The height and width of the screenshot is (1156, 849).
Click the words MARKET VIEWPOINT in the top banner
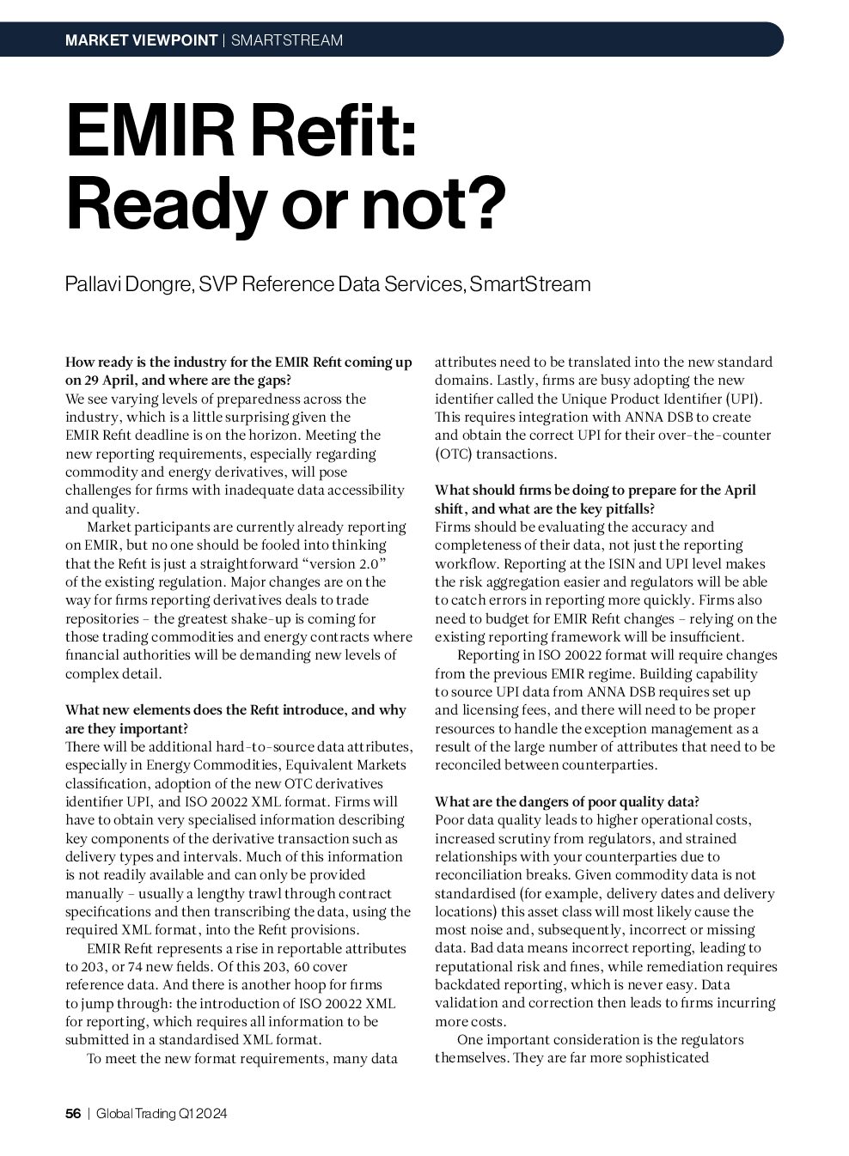tap(141, 40)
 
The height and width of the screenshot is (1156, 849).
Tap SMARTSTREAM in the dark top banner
tap(287, 40)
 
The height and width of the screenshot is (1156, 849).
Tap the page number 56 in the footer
tap(73, 1114)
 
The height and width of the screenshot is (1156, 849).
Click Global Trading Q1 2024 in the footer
tap(162, 1114)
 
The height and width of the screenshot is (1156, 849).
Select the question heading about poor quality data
tap(566, 801)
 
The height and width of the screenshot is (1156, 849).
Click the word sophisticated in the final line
tap(657, 1058)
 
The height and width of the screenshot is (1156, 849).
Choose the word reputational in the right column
tap(477, 967)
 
